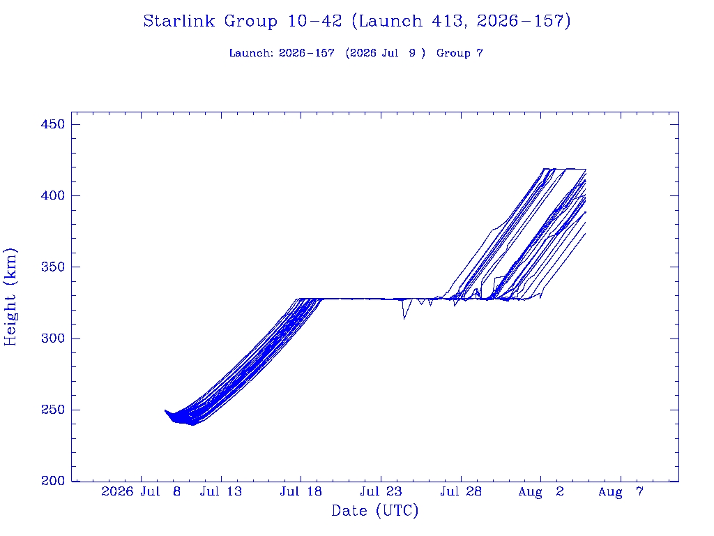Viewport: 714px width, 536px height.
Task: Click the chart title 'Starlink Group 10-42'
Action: [x=242, y=21]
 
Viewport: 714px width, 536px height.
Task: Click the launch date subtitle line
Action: [x=356, y=53]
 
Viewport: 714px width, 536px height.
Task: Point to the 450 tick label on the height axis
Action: [x=53, y=124]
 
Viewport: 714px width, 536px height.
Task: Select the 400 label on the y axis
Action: [x=53, y=195]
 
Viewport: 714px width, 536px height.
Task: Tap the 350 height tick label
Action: [x=53, y=267]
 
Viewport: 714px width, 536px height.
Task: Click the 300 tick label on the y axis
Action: [x=53, y=338]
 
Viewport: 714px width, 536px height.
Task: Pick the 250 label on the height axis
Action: [x=53, y=410]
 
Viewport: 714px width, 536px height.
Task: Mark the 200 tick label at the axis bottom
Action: [x=53, y=481]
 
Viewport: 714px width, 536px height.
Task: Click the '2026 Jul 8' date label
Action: [x=141, y=491]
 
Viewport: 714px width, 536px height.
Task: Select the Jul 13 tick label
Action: [x=221, y=491]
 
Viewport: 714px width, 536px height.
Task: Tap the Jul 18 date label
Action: [x=301, y=491]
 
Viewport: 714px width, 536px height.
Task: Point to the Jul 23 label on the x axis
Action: [x=381, y=491]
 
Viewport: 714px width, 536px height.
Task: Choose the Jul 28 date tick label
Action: [x=461, y=491]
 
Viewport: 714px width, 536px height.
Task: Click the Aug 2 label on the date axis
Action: [x=541, y=491]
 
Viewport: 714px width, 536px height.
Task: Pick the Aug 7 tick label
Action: [x=621, y=491]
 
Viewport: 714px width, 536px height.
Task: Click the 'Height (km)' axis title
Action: [x=10, y=297]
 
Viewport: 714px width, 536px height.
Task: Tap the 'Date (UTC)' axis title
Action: [x=374, y=511]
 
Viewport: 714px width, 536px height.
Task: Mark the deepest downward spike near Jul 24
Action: [x=404, y=318]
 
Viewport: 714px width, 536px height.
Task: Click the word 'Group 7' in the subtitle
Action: [x=460, y=53]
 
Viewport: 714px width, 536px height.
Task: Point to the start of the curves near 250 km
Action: [x=165, y=410]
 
